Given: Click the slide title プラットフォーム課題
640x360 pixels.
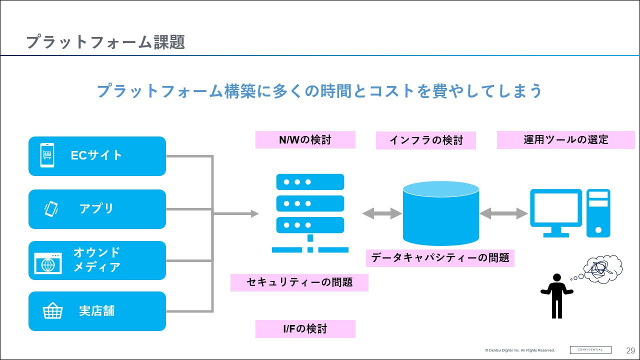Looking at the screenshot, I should point(105,42).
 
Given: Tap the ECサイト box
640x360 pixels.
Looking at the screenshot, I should point(97,156).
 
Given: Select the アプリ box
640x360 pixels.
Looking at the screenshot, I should point(97,209).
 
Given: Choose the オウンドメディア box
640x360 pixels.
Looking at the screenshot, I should point(97,260).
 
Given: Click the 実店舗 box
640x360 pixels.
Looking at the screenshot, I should point(97,311).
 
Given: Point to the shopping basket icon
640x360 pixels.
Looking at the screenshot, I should point(52,311).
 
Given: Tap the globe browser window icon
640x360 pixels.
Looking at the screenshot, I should point(48,263).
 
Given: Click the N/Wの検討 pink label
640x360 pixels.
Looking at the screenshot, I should point(305,140).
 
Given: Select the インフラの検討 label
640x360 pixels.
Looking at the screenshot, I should point(425,140).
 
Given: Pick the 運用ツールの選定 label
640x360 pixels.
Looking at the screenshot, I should point(565,140).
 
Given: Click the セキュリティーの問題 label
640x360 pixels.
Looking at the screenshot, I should point(299,282).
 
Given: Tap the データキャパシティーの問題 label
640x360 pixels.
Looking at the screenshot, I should point(440,258).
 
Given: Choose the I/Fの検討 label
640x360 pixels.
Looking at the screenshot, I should point(305,329).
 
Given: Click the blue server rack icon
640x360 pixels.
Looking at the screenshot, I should point(310,212).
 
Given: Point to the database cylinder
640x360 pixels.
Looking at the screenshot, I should point(440,213).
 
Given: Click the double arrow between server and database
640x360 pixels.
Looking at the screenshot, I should point(382,213).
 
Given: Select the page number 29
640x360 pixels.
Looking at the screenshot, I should point(630,350).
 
